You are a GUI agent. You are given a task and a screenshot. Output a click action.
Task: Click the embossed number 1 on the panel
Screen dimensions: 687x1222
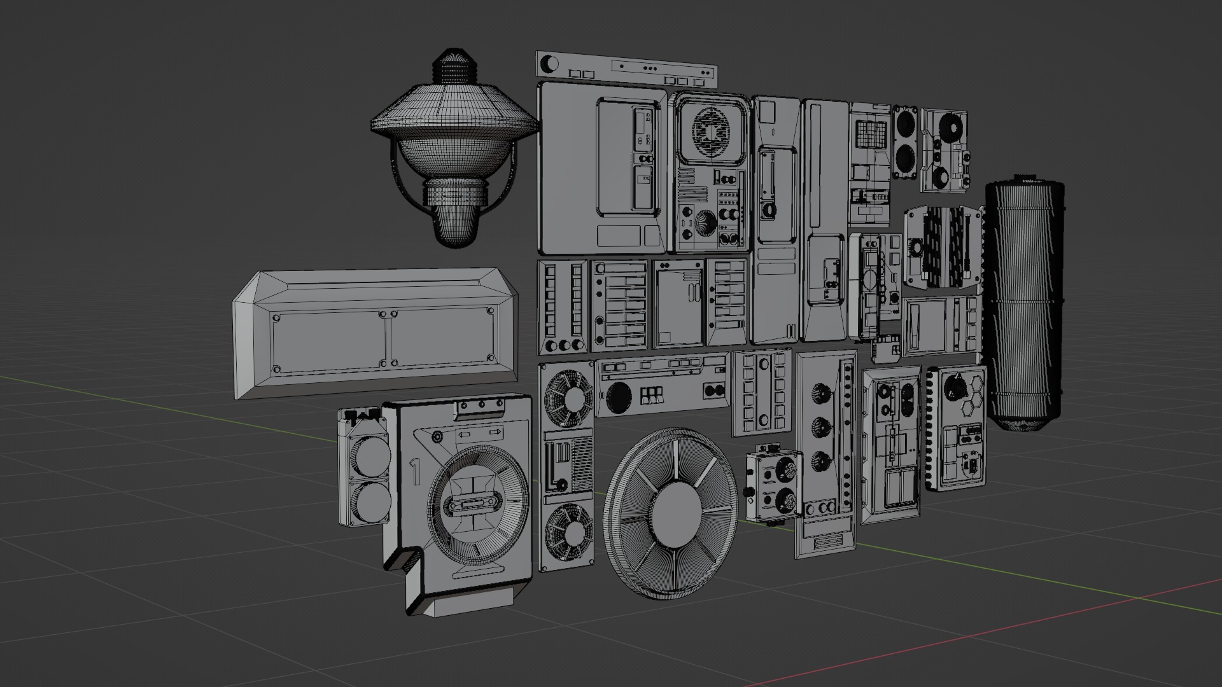click(415, 473)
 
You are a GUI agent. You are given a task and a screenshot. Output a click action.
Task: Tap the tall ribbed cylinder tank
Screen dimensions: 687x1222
click(1023, 305)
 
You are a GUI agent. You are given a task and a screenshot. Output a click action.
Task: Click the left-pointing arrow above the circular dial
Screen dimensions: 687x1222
click(464, 434)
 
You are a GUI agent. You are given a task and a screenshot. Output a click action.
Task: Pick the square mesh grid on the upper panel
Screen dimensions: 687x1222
click(871, 134)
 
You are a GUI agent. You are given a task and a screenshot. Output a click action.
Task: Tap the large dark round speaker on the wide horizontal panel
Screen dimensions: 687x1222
click(617, 398)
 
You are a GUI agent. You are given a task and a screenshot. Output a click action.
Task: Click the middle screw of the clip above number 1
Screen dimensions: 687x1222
click(482, 404)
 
